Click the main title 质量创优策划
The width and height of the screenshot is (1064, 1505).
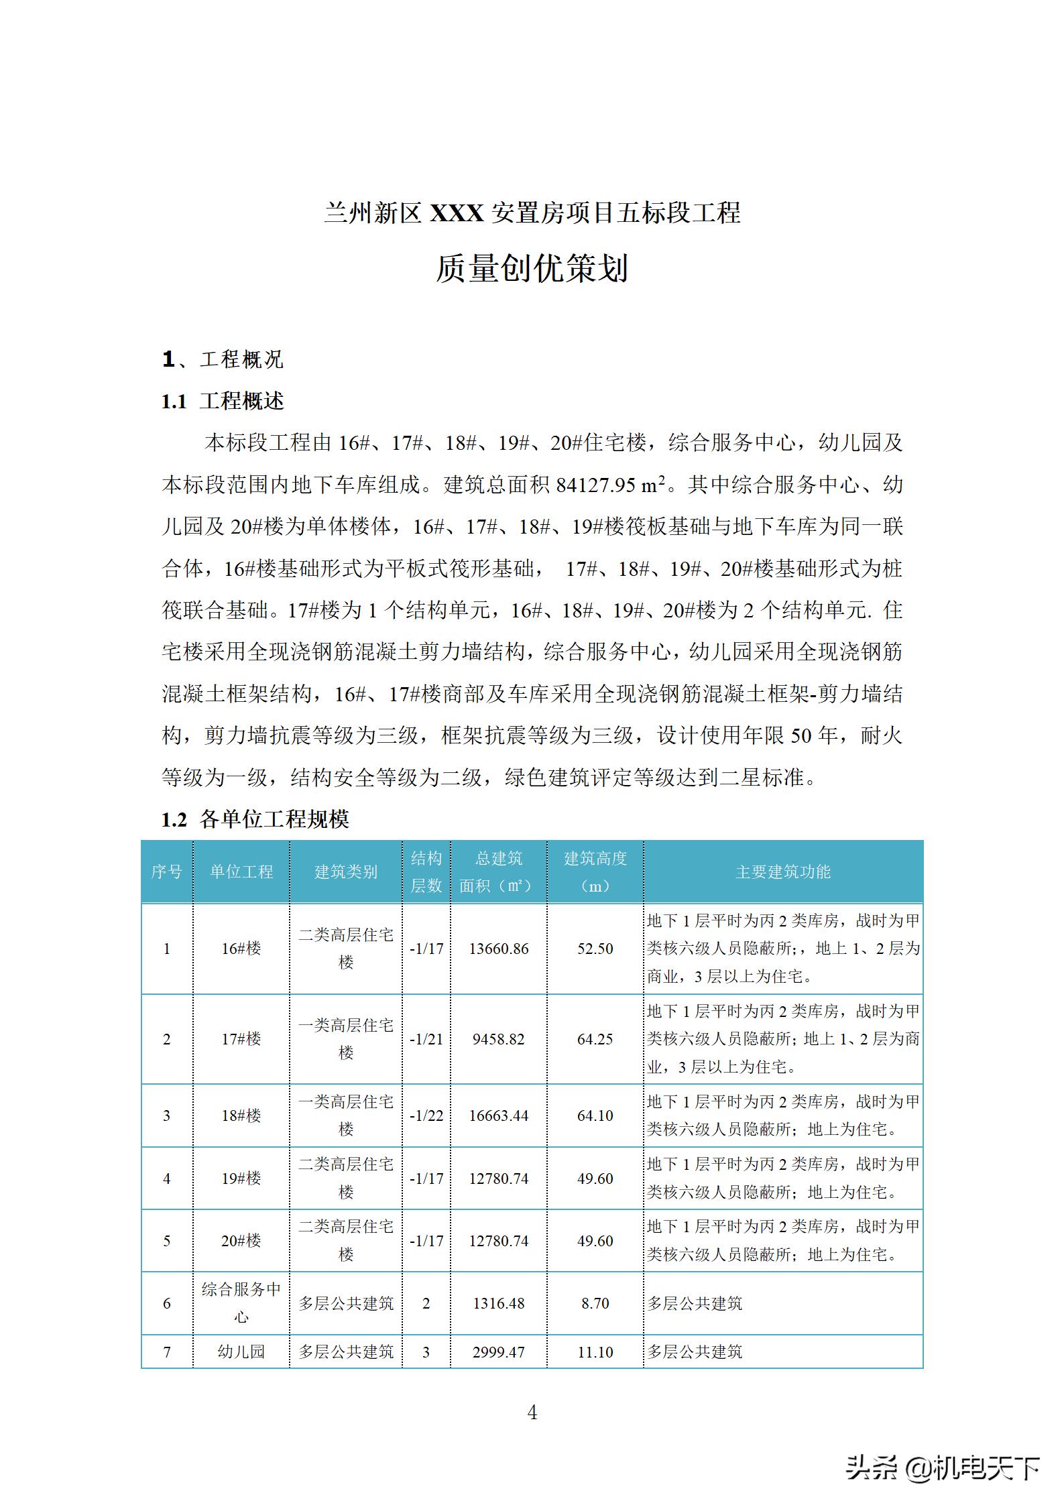(x=532, y=269)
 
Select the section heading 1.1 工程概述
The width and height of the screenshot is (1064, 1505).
(x=223, y=402)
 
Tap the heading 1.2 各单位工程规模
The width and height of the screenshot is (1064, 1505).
(x=255, y=819)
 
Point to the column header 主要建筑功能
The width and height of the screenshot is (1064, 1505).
(x=782, y=871)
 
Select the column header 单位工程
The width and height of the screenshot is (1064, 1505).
(x=241, y=871)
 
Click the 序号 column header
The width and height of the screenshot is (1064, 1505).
(x=166, y=871)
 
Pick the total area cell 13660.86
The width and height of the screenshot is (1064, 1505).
(x=498, y=949)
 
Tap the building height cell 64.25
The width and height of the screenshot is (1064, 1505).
(x=595, y=1039)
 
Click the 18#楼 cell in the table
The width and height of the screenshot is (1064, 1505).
(x=241, y=1116)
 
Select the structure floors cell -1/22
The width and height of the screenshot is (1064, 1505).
(x=426, y=1116)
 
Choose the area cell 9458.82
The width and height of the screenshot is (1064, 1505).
(x=498, y=1039)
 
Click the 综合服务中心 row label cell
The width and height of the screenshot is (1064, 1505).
(x=241, y=1303)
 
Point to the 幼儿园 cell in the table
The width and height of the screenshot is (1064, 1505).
(x=241, y=1351)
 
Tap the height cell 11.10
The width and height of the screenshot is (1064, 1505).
(x=595, y=1351)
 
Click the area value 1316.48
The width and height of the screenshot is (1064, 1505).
(x=498, y=1303)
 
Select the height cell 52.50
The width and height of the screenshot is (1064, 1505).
(x=595, y=949)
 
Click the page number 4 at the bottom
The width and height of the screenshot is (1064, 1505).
(x=532, y=1412)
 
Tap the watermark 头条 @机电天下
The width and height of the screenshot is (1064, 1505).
(x=942, y=1467)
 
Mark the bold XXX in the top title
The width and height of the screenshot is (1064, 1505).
(x=456, y=213)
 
